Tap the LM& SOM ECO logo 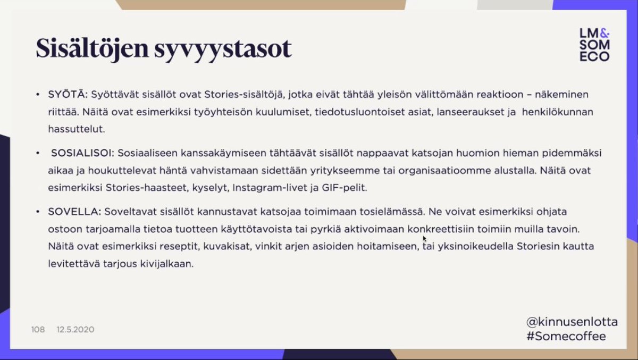pos(594,45)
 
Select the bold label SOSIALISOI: pos(82,153)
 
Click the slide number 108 pos(38,330)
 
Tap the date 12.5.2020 pos(75,330)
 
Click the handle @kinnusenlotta pos(572,322)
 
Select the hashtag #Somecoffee pos(566,336)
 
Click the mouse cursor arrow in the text pos(424,239)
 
